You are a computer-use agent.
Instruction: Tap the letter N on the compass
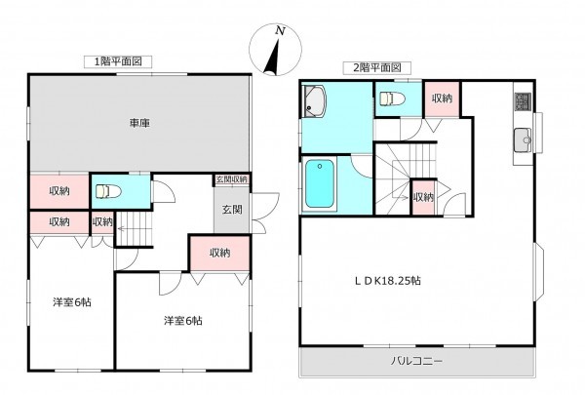(280, 31)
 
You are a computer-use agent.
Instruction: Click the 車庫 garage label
(138, 123)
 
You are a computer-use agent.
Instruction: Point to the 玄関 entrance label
(232, 209)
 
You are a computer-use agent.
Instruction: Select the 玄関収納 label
(232, 180)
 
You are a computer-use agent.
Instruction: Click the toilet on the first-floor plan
(109, 190)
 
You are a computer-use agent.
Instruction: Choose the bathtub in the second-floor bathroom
(321, 184)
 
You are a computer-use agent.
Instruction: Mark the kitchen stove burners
(520, 101)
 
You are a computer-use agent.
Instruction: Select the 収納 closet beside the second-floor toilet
(441, 99)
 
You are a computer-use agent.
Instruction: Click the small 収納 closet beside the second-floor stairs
(423, 197)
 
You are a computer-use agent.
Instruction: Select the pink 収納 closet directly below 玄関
(218, 253)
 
